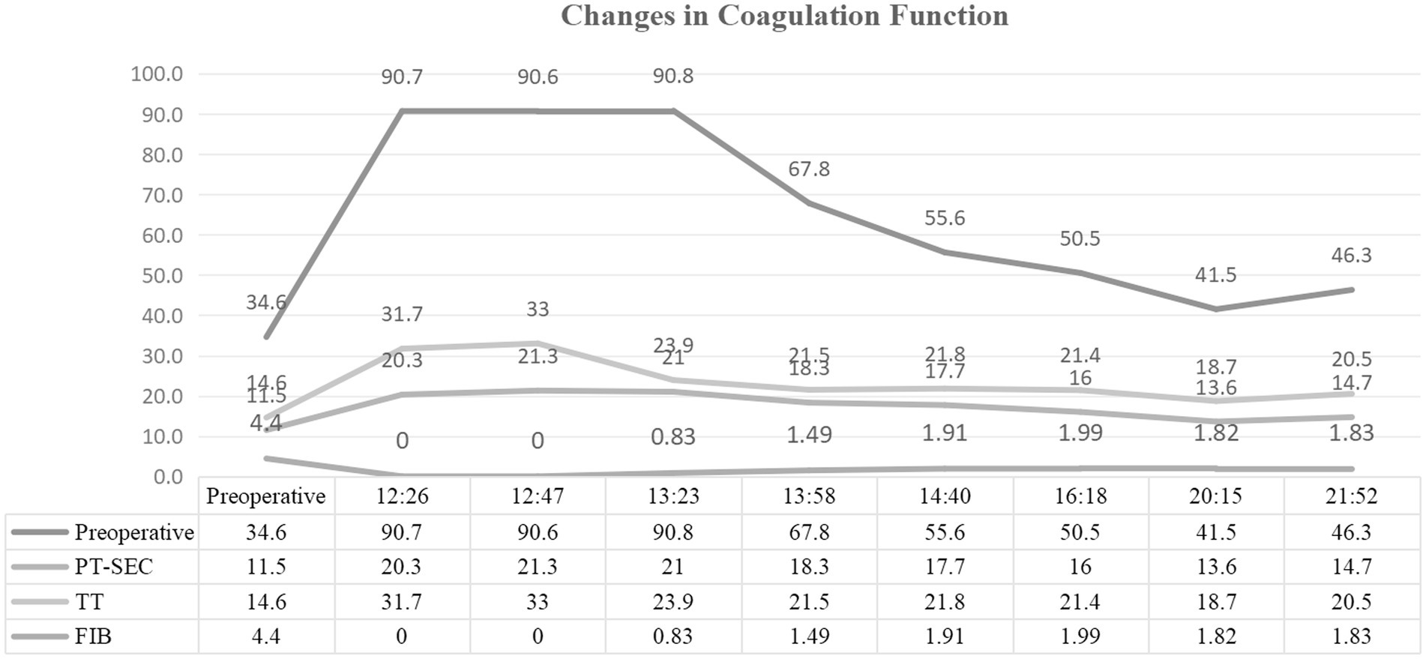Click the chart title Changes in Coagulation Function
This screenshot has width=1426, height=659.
[x=784, y=16]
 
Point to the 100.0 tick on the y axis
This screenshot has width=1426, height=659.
[x=157, y=74]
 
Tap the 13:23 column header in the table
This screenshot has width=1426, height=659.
[x=673, y=496]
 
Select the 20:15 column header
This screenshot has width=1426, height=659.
[x=1215, y=496]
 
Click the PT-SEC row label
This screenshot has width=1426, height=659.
[x=113, y=567]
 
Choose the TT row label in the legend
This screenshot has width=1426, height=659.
[x=89, y=602]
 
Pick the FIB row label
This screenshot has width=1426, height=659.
[x=93, y=637]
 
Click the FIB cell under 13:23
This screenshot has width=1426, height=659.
[x=673, y=637]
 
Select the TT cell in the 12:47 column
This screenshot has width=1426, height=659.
[x=537, y=602]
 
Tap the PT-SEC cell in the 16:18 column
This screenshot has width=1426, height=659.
[x=1080, y=567]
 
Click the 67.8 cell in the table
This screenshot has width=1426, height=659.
[x=808, y=532]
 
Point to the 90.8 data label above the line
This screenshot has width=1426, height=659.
[x=673, y=76]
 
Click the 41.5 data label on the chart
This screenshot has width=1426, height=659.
[x=1215, y=275]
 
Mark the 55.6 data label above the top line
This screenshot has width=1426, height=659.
[x=944, y=218]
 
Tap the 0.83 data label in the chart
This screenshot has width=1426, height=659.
[x=673, y=436]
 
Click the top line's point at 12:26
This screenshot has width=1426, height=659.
[x=402, y=111]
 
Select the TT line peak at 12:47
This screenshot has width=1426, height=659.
[x=537, y=343]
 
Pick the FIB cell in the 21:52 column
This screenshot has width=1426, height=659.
[x=1351, y=637]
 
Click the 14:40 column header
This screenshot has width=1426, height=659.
[x=944, y=496]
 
